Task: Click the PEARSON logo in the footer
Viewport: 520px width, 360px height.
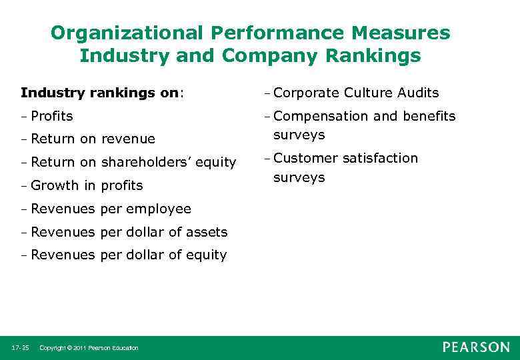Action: [x=476, y=347]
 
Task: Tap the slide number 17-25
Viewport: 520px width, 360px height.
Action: [x=20, y=348]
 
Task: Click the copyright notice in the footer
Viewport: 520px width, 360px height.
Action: [x=89, y=348]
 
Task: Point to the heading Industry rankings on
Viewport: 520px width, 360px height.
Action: [x=101, y=93]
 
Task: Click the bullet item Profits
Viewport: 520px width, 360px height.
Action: [x=51, y=116]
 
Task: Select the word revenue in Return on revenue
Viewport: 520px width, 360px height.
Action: [x=128, y=139]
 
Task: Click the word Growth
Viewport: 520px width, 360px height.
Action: [x=54, y=185]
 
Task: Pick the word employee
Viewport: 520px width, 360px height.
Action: [x=159, y=209]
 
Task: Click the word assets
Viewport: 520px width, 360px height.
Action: [x=204, y=232]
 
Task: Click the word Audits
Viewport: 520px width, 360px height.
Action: [x=415, y=93]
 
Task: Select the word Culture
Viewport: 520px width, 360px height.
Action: [x=365, y=93]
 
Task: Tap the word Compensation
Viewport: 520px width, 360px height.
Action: [x=321, y=116]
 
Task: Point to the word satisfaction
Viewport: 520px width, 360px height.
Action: [x=381, y=158]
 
